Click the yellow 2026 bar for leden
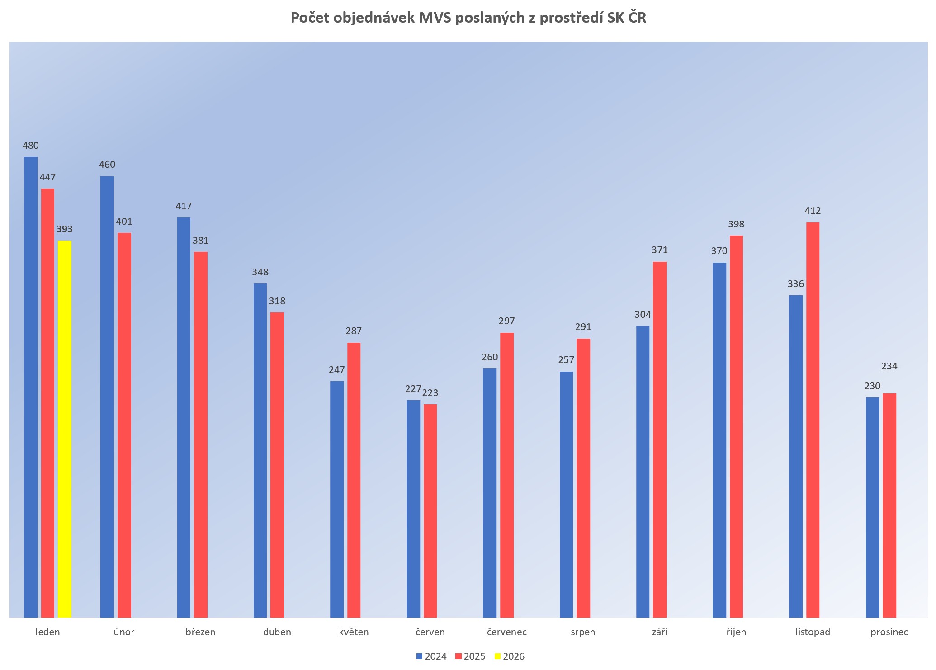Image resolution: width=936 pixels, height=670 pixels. pos(65,429)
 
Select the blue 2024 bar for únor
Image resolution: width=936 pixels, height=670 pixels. pos(107,396)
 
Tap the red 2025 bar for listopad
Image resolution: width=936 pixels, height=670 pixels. pos(813,420)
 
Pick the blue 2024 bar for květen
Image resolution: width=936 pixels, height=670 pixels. pos(337,499)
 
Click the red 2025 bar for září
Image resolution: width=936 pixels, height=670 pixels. pos(660,439)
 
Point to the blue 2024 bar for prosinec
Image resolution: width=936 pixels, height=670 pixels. pos(872,507)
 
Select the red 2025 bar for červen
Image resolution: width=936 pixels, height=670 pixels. pos(430,511)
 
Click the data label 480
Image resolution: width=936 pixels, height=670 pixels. pos(31,146)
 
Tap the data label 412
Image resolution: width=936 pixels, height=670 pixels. pos(813,211)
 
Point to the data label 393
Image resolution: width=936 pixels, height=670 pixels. pos(65,229)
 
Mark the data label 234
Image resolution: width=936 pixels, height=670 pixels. pos(889,366)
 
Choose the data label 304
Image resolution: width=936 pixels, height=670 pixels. pos(643,315)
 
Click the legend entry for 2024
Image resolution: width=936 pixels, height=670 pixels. pos(432,656)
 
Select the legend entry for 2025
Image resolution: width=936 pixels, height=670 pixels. pos(470,656)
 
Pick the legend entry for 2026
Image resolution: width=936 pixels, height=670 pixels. pos(510,656)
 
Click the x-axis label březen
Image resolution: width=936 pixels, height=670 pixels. pos(201,632)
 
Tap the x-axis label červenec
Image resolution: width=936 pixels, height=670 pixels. pos(507,632)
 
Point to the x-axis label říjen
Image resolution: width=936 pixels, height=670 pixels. pos(736,632)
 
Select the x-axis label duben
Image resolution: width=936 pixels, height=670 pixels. pos(277,632)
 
